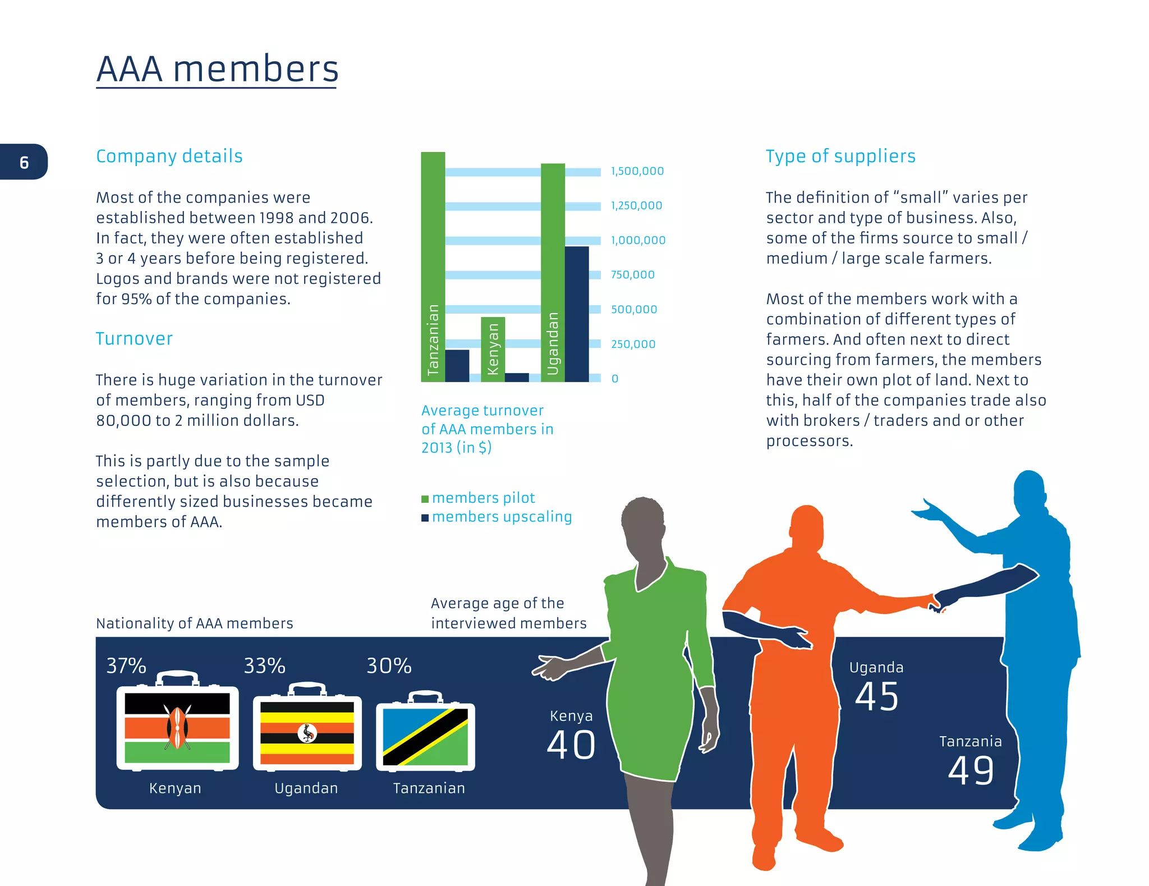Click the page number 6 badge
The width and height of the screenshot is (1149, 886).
[x=24, y=162]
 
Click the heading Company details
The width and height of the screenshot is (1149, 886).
[x=169, y=156]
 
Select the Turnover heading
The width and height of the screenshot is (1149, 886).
[x=134, y=338]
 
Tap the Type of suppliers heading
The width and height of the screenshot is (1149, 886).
[x=840, y=156]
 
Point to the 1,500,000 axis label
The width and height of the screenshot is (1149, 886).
[x=637, y=171]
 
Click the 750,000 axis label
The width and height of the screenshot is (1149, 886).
[x=632, y=275]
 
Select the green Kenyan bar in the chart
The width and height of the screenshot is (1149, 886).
[x=493, y=349]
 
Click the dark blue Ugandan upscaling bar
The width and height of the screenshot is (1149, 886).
[x=577, y=314]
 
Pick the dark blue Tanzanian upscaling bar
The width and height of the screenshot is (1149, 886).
[x=457, y=365]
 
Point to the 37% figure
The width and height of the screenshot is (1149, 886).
[x=126, y=666]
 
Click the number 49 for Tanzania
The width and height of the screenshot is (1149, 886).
[x=971, y=770]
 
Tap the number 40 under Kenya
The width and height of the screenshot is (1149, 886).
[x=571, y=745]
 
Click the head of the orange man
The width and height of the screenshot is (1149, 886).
[x=806, y=527]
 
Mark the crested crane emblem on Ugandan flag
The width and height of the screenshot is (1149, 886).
[x=307, y=733]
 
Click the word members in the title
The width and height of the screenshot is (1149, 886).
[x=255, y=70]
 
